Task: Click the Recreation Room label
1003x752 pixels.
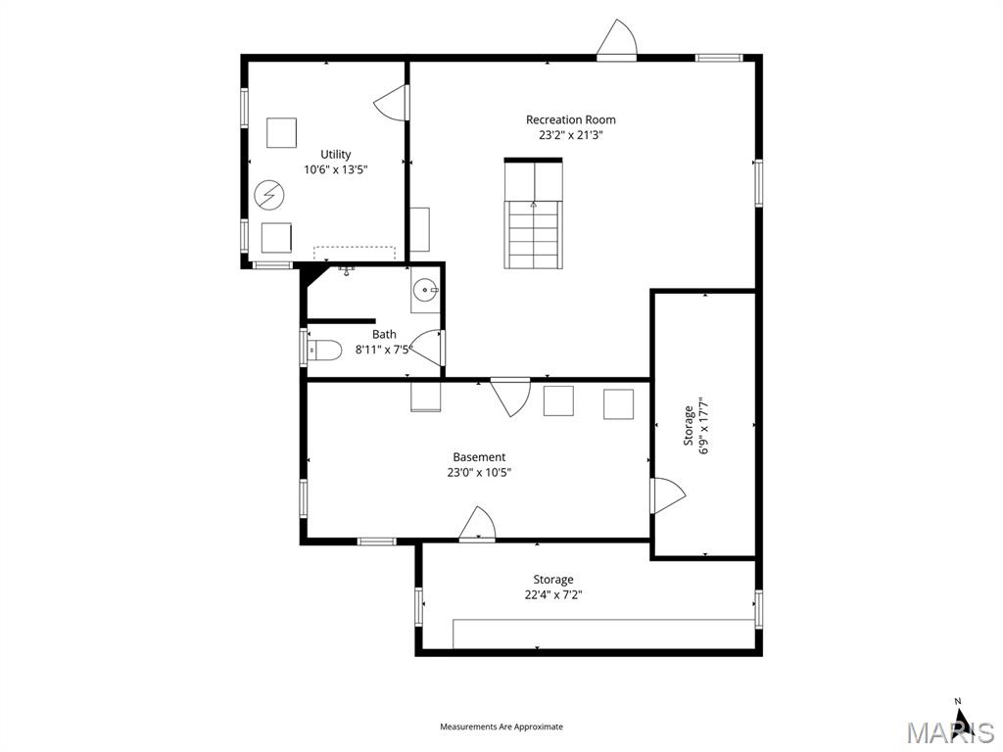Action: tap(570, 119)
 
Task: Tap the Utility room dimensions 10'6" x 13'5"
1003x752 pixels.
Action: tap(335, 169)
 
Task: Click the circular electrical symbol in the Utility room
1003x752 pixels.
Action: tap(266, 195)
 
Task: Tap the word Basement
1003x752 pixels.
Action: tap(479, 457)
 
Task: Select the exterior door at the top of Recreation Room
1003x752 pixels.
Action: tap(617, 41)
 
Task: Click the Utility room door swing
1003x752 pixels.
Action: tap(391, 103)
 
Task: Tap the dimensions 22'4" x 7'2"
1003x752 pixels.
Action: tap(552, 594)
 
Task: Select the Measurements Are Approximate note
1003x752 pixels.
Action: tap(501, 727)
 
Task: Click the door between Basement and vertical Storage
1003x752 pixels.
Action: tap(666, 495)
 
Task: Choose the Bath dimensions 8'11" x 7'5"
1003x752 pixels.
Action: tap(384, 349)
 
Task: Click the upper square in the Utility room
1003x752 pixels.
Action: tap(281, 132)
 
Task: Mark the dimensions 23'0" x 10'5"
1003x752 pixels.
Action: tap(479, 472)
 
